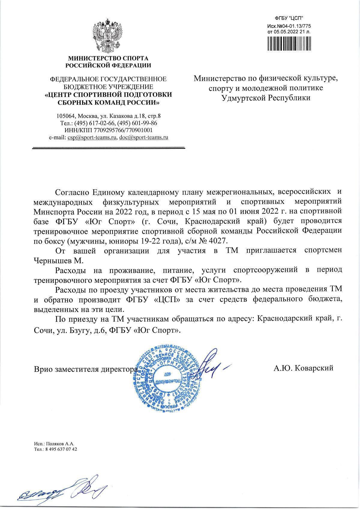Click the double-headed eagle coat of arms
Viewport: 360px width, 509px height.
pyautogui.click(x=108, y=35)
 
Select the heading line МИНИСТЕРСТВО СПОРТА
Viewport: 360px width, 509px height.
pyautogui.click(x=108, y=58)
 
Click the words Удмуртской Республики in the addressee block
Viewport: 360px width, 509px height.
pyautogui.click(x=265, y=98)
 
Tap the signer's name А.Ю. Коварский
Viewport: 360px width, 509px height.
pyautogui.click(x=303, y=368)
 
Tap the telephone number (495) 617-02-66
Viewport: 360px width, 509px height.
pyautogui.click(x=94, y=123)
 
